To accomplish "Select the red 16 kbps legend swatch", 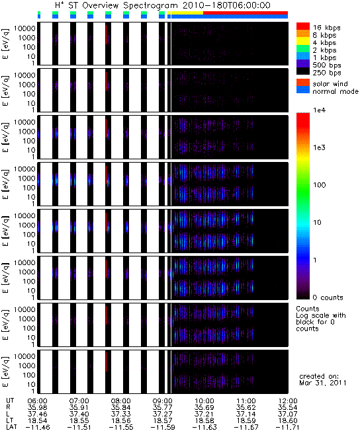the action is [303, 26].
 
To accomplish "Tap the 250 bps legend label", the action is [327, 73].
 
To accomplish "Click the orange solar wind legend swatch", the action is [303, 83].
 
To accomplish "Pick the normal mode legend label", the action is [336, 91].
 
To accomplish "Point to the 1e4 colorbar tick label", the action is [319, 110].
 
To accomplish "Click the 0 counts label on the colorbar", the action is [328, 297].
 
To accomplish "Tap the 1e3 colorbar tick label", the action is [319, 147].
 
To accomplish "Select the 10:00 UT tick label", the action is [204, 401].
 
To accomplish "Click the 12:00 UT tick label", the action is [288, 401].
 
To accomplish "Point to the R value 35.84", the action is [120, 407].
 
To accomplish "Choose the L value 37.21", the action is [204, 414].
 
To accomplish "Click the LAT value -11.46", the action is [38, 427].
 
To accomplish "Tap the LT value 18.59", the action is [246, 420].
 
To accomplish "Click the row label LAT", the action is [11, 427].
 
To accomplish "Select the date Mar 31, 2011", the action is [323, 383].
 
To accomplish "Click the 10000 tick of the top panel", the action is [24, 28].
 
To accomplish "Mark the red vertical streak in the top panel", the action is [107, 34].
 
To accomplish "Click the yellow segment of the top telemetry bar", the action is [187, 13].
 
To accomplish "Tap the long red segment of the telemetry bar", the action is [246, 13].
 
